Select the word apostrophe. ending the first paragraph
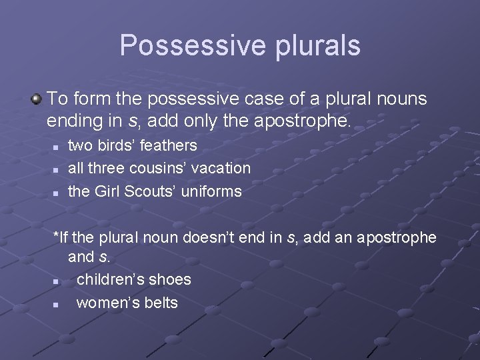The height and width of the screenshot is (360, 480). tap(311, 121)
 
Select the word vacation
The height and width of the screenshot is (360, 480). tap(221, 168)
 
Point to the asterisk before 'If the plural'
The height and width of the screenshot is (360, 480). tap(55, 236)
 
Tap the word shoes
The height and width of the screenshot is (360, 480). tap(170, 279)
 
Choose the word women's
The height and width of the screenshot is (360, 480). tap(106, 303)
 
